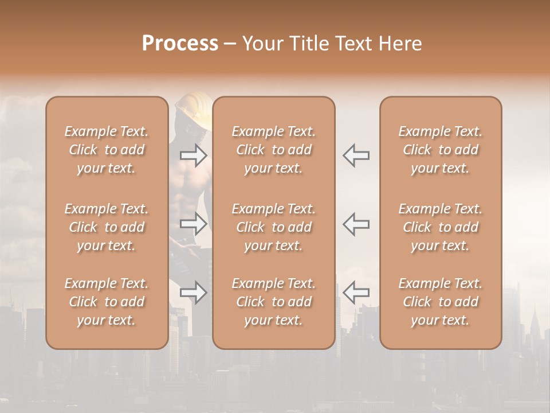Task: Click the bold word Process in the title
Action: point(180,44)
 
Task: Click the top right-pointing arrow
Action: point(193,155)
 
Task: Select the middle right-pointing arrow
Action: point(193,224)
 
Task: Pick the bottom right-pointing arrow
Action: point(193,293)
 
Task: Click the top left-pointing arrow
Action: point(356,155)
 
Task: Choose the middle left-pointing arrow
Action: point(356,224)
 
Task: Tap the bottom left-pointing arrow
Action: point(356,293)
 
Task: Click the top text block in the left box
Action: point(107,150)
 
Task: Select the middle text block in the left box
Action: point(107,227)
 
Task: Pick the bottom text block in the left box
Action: point(107,302)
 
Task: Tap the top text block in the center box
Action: point(274,150)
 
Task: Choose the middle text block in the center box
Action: point(274,227)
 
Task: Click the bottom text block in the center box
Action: point(274,302)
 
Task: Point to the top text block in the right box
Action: point(441,150)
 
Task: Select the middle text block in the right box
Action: point(441,227)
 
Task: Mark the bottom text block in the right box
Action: point(441,302)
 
